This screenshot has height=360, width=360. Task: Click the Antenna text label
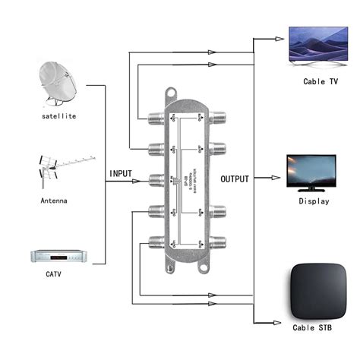tap(54, 201)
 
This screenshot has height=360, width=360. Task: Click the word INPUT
tap(121, 174)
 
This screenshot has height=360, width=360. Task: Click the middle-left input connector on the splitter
tap(156, 181)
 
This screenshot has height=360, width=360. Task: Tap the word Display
tap(314, 201)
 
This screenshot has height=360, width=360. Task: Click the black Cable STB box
tap(315, 292)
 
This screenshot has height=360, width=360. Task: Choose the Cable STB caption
tap(314, 329)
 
